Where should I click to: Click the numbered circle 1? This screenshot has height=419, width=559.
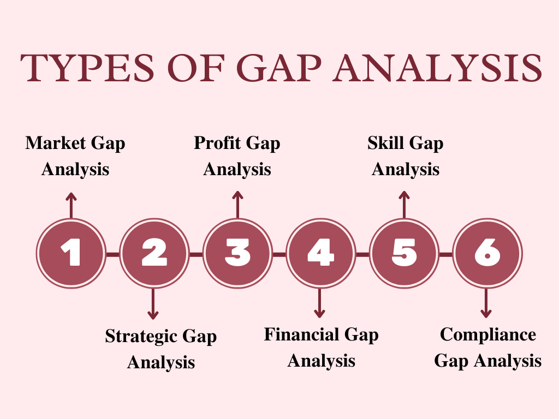tap(72, 253)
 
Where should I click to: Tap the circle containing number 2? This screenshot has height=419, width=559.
tap(154, 253)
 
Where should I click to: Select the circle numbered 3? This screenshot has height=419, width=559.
tap(237, 253)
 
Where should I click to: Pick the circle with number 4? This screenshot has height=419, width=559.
tap(321, 253)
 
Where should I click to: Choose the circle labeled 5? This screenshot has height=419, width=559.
tap(404, 253)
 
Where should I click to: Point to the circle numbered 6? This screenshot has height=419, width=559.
tap(487, 253)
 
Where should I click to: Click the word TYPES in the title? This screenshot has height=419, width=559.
tap(87, 68)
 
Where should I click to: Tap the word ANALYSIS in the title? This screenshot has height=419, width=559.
tap(437, 68)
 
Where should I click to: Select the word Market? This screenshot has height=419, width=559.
tap(56, 143)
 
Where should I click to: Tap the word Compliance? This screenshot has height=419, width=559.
tap(488, 334)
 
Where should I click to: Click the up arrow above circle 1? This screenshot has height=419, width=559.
tap(72, 206)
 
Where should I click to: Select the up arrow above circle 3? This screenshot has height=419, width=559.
tap(237, 205)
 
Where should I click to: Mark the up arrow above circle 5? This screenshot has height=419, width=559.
tap(404, 205)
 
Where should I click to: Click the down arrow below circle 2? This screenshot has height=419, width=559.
tap(153, 303)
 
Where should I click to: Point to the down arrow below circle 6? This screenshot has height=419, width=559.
tap(486, 303)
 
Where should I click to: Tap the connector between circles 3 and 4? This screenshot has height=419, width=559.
tap(279, 254)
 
